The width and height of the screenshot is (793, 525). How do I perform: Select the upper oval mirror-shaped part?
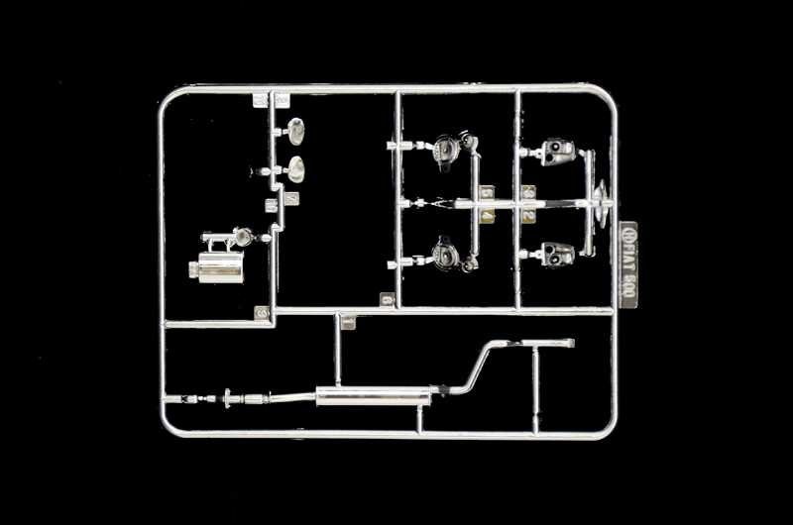tap(295, 131)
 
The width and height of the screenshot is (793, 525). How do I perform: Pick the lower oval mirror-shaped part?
tap(295, 169)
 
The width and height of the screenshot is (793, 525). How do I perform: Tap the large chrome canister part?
tap(220, 267)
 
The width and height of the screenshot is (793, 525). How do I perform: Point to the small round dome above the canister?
tap(241, 237)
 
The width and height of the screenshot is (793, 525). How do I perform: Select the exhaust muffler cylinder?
tap(373, 397)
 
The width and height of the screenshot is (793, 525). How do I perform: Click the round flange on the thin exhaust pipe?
tap(229, 398)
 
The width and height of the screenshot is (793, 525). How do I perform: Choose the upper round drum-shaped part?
tap(447, 149)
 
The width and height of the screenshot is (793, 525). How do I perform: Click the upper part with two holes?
tap(558, 151)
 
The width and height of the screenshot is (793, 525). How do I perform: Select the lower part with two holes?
tap(558, 255)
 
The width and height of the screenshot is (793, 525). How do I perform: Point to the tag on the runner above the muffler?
tap(347, 321)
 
